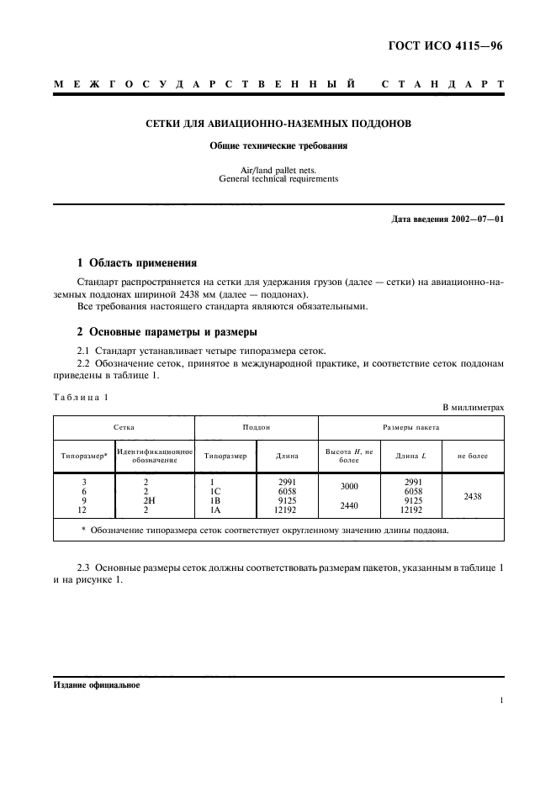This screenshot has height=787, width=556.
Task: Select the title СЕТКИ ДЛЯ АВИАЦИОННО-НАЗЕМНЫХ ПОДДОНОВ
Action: (x=278, y=124)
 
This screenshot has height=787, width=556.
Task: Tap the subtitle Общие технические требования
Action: (x=278, y=145)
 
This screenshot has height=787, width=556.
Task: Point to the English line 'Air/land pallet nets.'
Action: (x=278, y=170)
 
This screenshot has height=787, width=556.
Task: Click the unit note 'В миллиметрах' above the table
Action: (x=474, y=407)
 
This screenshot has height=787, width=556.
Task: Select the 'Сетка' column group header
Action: (x=124, y=427)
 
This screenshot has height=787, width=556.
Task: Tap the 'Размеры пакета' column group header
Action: (x=411, y=427)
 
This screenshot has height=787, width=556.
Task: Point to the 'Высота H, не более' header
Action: (x=349, y=456)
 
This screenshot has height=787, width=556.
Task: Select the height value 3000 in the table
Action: (x=348, y=486)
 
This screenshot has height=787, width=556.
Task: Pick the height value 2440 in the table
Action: (x=348, y=505)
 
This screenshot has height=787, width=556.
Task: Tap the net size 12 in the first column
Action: (x=82, y=509)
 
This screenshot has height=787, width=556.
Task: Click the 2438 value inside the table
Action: (x=473, y=496)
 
